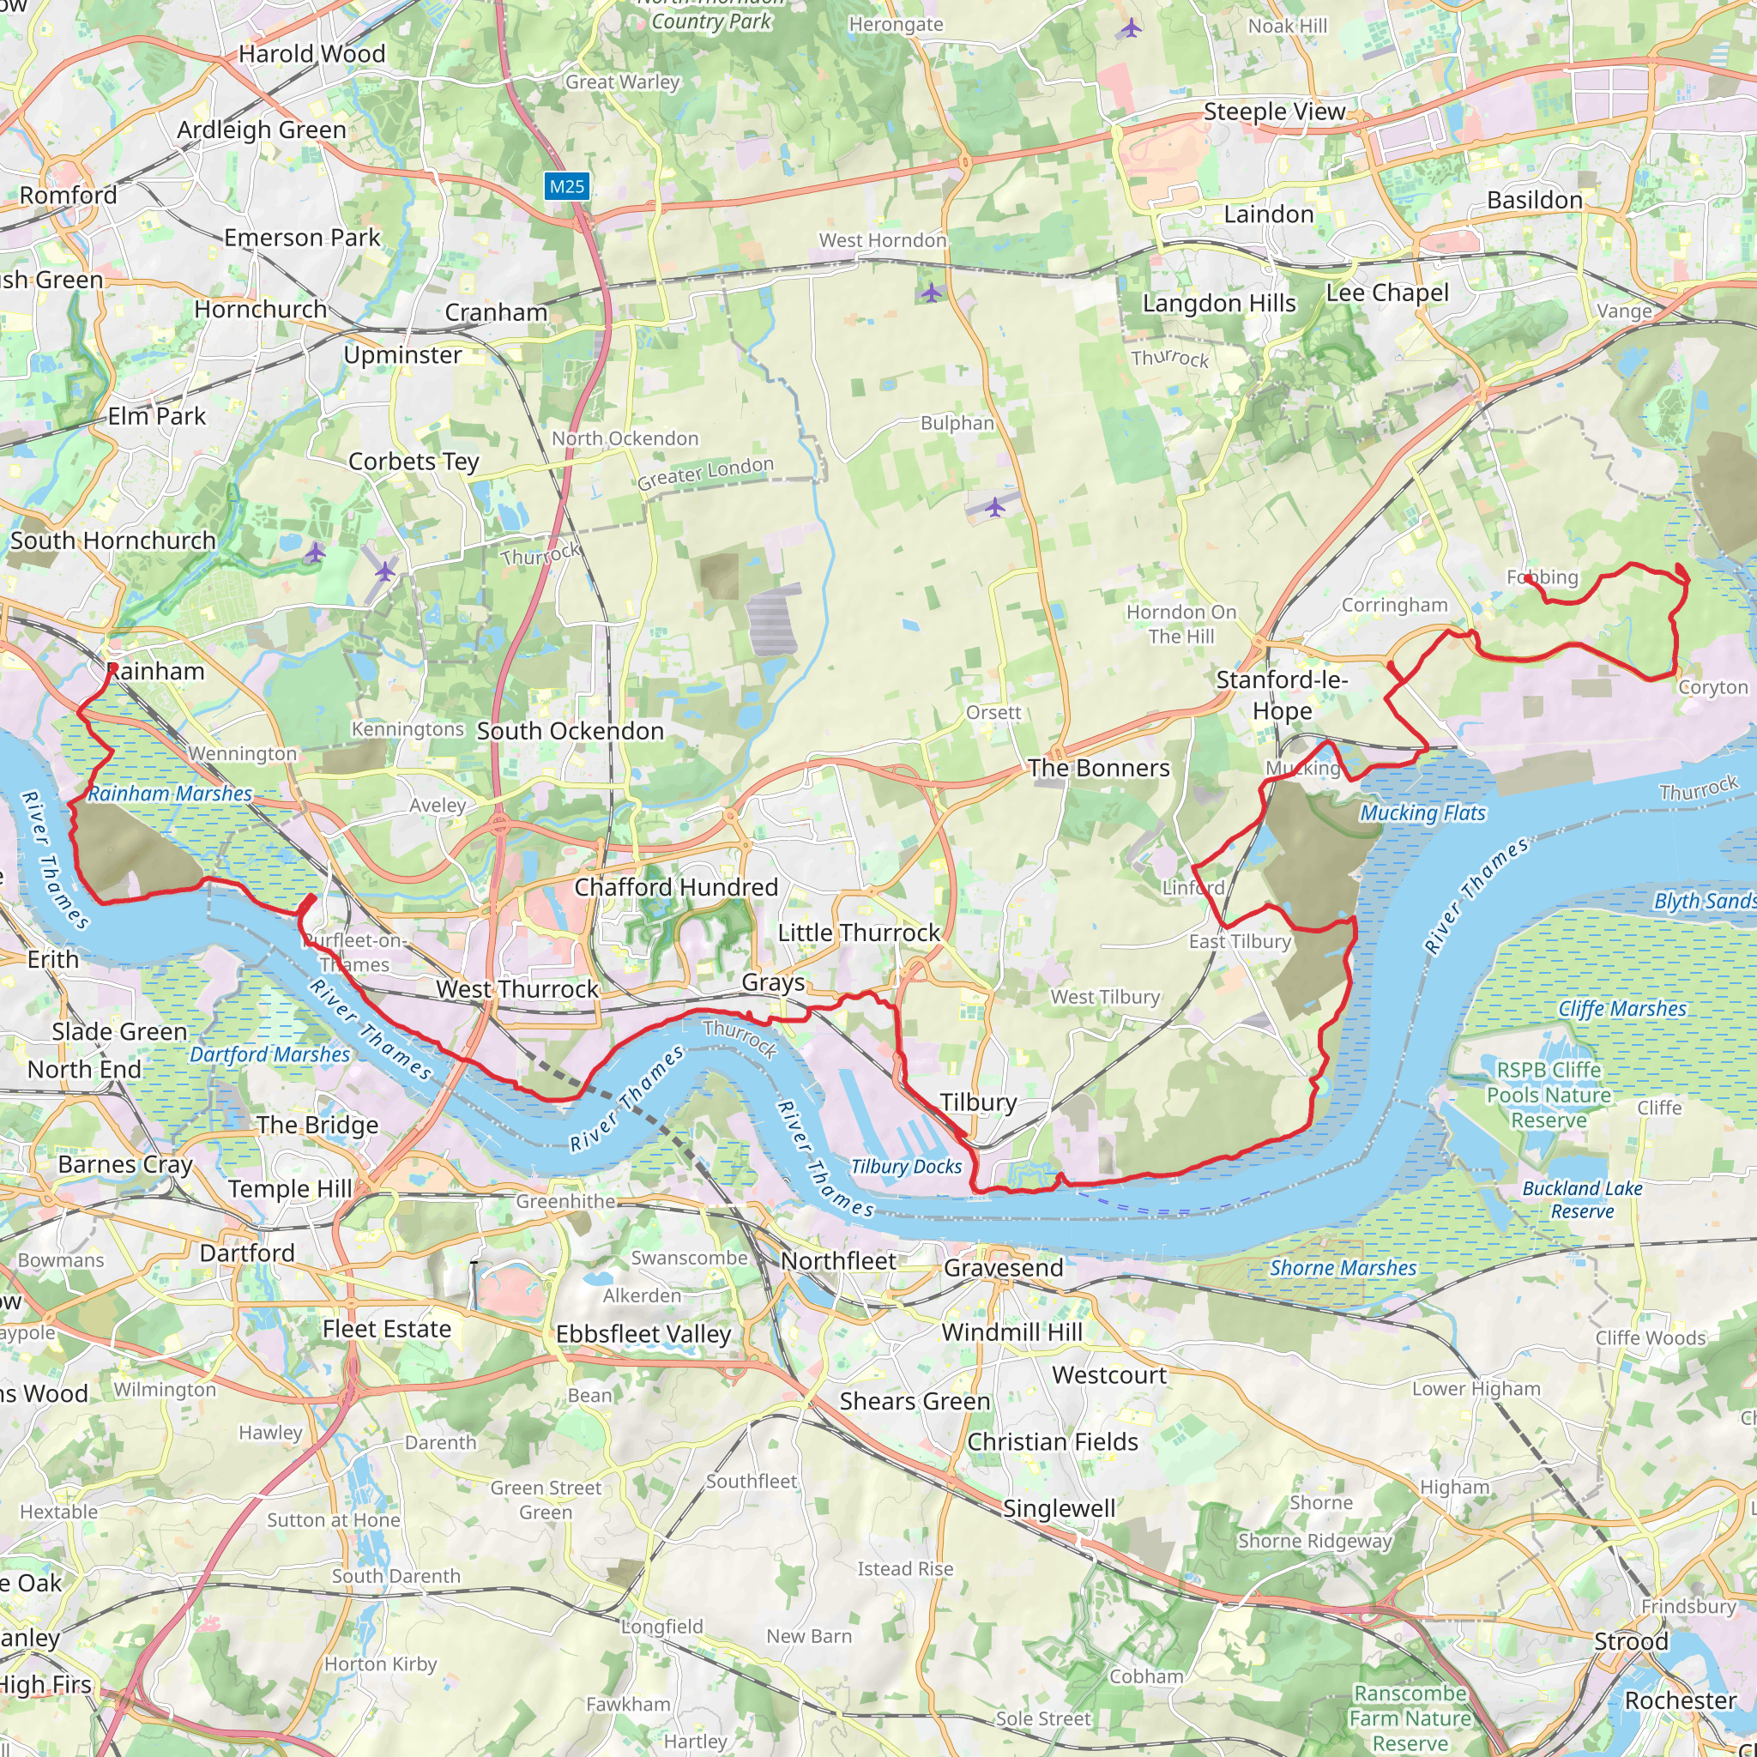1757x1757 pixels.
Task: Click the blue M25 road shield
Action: click(x=566, y=186)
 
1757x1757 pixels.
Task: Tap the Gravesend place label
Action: click(x=1003, y=1268)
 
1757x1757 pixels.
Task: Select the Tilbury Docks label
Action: click(x=906, y=1167)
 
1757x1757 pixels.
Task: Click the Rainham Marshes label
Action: click(x=170, y=794)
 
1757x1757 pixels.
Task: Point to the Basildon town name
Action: click(x=1534, y=200)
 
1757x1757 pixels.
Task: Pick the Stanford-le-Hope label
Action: click(x=1283, y=695)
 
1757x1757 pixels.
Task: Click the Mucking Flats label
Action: click(x=1422, y=813)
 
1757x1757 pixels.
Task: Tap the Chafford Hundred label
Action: click(x=676, y=887)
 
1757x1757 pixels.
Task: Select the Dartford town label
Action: click(x=247, y=1253)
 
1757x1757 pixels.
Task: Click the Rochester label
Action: click(x=1681, y=1700)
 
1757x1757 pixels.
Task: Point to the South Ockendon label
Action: click(x=571, y=731)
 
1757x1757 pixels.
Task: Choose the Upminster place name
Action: click(x=403, y=354)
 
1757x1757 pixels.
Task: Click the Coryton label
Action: click(x=1712, y=687)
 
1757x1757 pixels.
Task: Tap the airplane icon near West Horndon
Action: click(x=931, y=293)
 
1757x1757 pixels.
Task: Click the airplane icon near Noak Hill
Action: click(x=1131, y=28)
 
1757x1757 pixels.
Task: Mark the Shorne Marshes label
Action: click(x=1343, y=1268)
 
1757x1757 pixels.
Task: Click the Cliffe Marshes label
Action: click(x=1621, y=1009)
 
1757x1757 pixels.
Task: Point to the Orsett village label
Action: click(x=993, y=713)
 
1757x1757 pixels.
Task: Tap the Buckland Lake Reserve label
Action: click(x=1582, y=1199)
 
